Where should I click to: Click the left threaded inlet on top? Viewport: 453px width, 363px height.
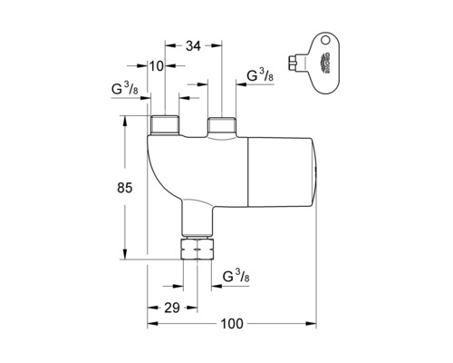pos(165,124)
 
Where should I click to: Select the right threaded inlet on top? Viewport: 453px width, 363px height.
pos(222,124)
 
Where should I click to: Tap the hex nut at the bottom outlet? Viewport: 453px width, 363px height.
pos(197,250)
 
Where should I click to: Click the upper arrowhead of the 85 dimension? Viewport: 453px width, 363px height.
pos(121,121)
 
